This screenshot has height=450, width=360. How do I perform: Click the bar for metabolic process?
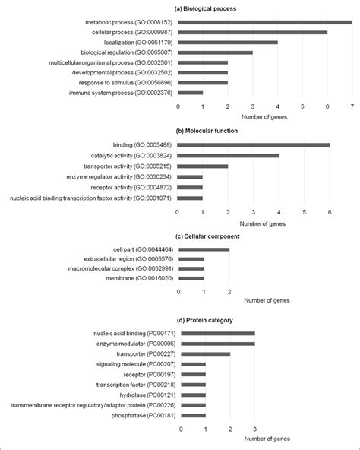(265, 22)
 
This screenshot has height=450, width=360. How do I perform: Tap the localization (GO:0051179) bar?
(227, 42)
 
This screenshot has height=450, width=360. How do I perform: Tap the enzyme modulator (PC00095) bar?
(217, 343)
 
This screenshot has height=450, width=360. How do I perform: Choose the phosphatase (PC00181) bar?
(193, 415)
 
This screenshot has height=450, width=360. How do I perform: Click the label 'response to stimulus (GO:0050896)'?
(130, 82)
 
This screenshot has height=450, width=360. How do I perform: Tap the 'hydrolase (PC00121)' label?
(145, 395)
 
